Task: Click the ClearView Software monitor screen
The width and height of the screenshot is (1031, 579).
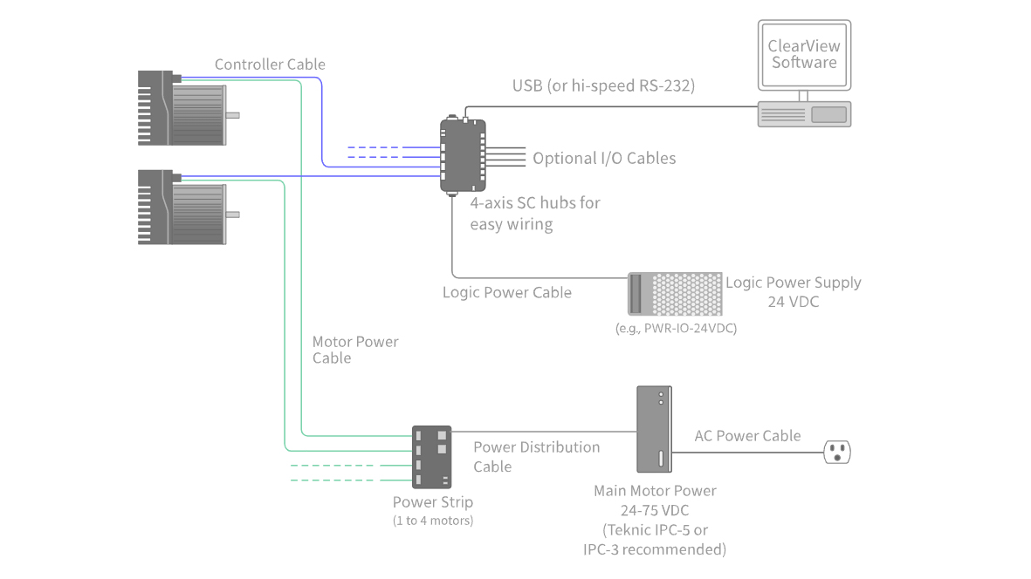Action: tap(804, 54)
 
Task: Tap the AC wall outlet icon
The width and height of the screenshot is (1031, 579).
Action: tap(837, 452)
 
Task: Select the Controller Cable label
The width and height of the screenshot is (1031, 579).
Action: tap(270, 65)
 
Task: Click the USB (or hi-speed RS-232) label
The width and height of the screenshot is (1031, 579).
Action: tap(602, 85)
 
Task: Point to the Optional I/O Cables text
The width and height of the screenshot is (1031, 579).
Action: tap(604, 159)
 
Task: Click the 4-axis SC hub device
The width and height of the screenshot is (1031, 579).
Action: tap(463, 156)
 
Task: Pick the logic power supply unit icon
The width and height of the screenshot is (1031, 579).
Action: tap(675, 293)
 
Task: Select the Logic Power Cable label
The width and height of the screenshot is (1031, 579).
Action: tap(506, 293)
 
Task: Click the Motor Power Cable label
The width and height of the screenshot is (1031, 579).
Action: tap(354, 350)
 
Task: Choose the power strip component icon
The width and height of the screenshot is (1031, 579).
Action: tap(432, 457)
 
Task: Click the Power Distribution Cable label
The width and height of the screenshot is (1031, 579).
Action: tap(536, 456)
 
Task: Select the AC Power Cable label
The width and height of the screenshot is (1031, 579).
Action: tap(747, 436)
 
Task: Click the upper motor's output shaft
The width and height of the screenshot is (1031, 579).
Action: tap(233, 115)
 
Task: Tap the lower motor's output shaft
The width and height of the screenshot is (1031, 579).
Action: tap(233, 214)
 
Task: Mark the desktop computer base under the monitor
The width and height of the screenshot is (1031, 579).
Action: tap(804, 114)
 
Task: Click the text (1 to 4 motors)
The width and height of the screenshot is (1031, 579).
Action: tap(432, 521)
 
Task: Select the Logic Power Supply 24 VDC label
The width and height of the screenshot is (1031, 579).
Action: tap(793, 291)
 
